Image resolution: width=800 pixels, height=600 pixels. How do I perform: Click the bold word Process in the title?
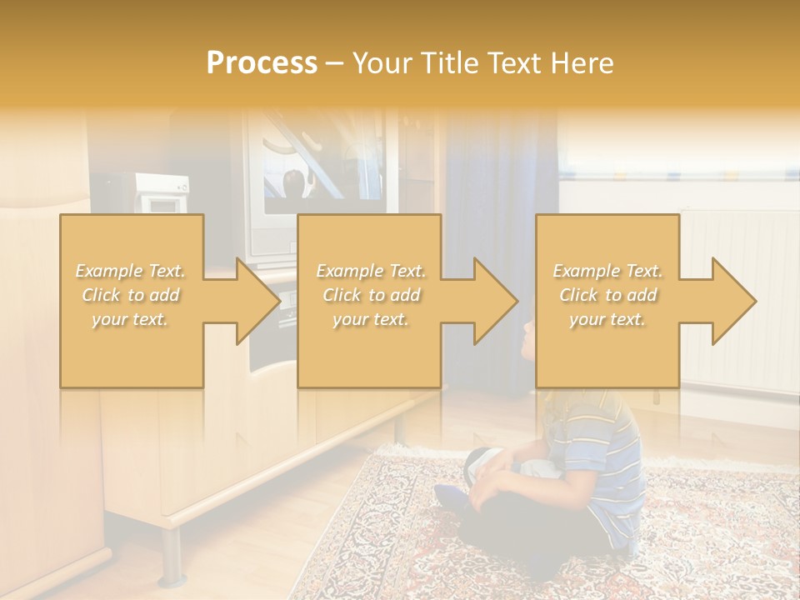(x=262, y=63)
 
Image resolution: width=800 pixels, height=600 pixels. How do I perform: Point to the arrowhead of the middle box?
(x=495, y=301)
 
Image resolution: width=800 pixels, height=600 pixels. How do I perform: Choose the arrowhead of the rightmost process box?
(x=733, y=301)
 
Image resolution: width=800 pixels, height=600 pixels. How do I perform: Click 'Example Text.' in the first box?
(x=131, y=271)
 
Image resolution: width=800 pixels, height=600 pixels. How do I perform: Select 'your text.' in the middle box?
(x=371, y=319)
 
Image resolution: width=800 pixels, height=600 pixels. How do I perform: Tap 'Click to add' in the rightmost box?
(x=607, y=295)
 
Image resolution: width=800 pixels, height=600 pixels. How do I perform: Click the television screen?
(x=321, y=179)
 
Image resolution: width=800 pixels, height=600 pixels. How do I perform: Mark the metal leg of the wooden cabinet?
(x=172, y=554)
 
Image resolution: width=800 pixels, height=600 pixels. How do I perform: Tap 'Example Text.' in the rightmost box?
(x=607, y=271)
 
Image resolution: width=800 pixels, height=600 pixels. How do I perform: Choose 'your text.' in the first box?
(x=131, y=319)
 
